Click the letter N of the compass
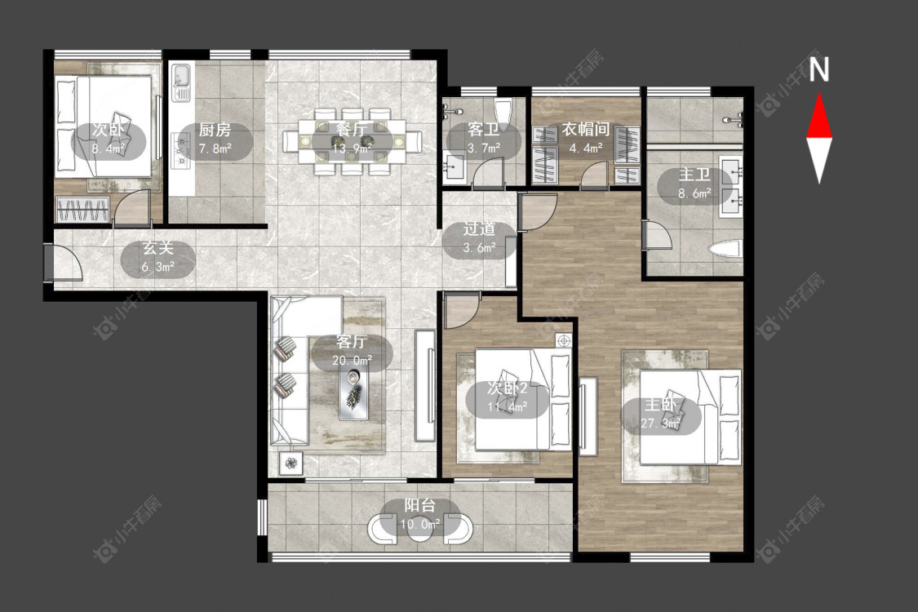click(x=819, y=69)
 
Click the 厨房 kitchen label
click(x=215, y=138)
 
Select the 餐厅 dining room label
click(x=352, y=138)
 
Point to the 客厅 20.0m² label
click(x=352, y=350)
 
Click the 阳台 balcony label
click(x=419, y=514)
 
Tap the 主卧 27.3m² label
click(x=661, y=414)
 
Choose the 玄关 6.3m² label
click(x=158, y=258)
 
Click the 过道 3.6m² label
click(x=480, y=237)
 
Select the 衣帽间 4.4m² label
click(x=586, y=138)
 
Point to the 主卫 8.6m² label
click(x=694, y=184)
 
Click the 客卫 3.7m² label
click(x=484, y=138)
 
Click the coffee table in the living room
click(x=353, y=393)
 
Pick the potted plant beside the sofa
click(x=291, y=464)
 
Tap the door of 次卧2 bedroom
click(x=462, y=310)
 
